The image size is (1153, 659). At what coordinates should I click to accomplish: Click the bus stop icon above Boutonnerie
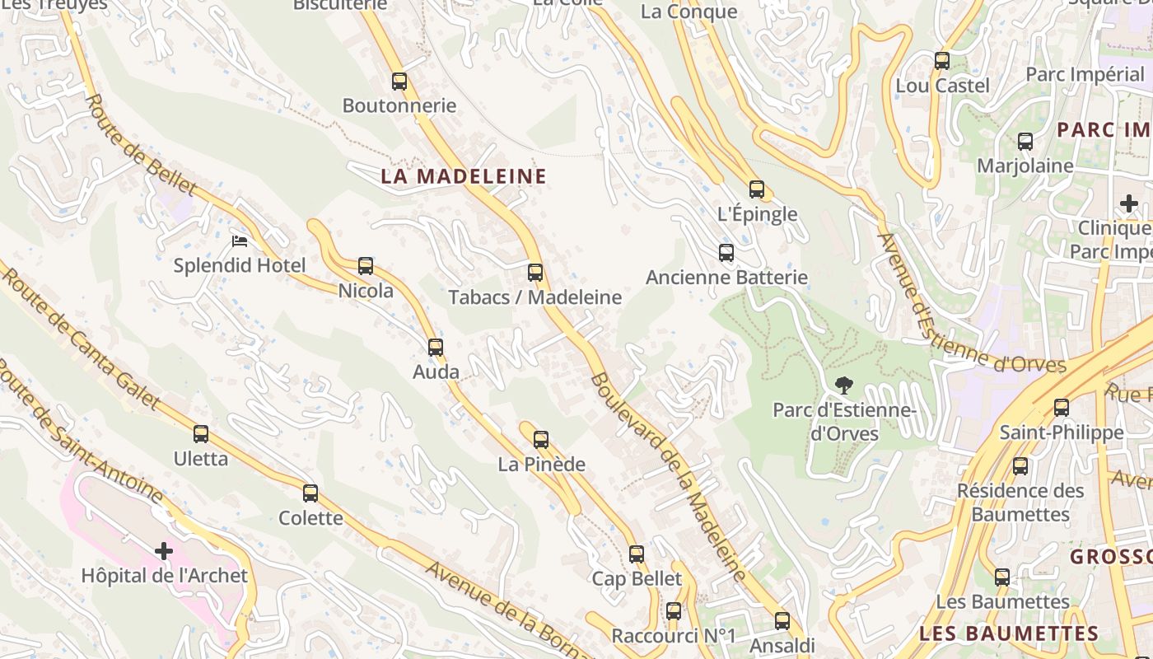click(x=399, y=82)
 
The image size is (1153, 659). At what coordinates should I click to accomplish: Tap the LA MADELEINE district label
click(x=464, y=176)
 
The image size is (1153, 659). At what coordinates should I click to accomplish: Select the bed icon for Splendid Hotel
click(x=240, y=241)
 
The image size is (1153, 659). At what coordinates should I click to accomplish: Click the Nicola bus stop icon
click(x=366, y=266)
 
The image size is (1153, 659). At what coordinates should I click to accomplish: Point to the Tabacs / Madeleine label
click(x=534, y=297)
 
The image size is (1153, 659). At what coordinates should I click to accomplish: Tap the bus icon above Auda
click(x=436, y=348)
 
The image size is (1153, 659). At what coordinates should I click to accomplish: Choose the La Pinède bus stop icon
click(x=541, y=440)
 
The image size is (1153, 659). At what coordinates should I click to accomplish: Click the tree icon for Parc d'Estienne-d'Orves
click(x=843, y=385)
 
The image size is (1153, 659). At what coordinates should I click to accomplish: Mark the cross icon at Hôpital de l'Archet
click(x=164, y=550)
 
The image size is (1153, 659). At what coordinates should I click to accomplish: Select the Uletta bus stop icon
click(x=201, y=434)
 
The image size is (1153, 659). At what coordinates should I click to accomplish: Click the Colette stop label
click(x=310, y=518)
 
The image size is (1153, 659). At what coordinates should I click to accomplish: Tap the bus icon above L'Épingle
click(x=757, y=189)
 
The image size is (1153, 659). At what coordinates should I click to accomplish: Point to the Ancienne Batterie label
click(x=726, y=278)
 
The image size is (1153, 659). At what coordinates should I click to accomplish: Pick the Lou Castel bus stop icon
click(x=942, y=61)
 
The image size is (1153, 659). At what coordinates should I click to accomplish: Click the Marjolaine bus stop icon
click(x=1025, y=142)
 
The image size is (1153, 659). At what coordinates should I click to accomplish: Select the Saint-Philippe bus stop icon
click(x=1062, y=408)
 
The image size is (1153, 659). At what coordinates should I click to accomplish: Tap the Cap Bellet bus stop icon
click(x=637, y=554)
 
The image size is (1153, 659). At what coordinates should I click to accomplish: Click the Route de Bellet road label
click(x=140, y=145)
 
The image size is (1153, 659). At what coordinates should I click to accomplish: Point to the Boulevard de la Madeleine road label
click(x=667, y=478)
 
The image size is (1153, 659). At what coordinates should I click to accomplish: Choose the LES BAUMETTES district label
click(x=1009, y=633)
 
